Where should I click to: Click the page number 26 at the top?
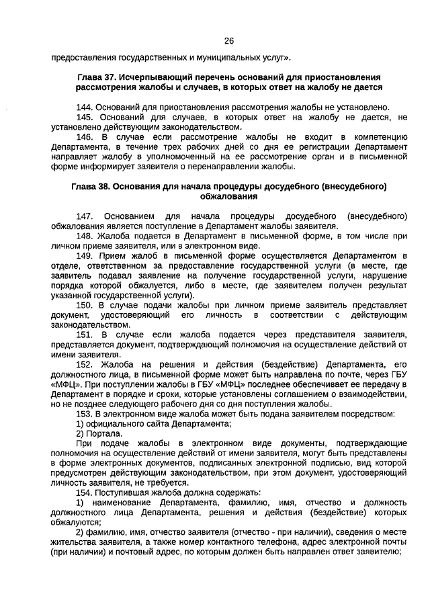(228, 41)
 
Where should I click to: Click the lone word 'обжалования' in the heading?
(228, 196)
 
